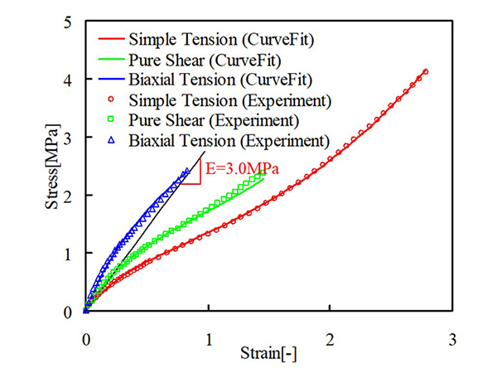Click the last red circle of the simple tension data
click(x=425, y=71)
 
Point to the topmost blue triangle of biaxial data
click(x=186, y=172)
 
